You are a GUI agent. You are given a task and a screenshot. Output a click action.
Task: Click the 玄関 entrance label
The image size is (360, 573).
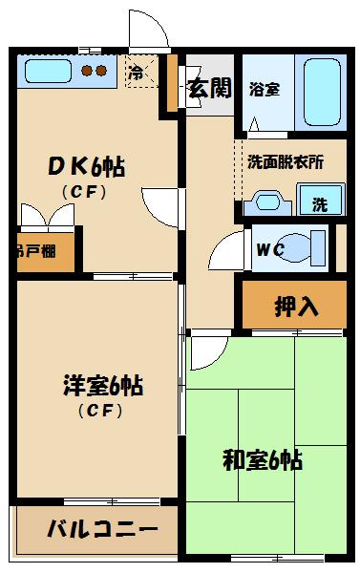[x=209, y=90]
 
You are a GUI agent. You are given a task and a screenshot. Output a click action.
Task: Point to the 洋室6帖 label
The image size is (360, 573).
[x=102, y=389]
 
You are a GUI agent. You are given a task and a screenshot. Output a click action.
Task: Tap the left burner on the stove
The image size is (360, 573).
[x=86, y=70]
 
